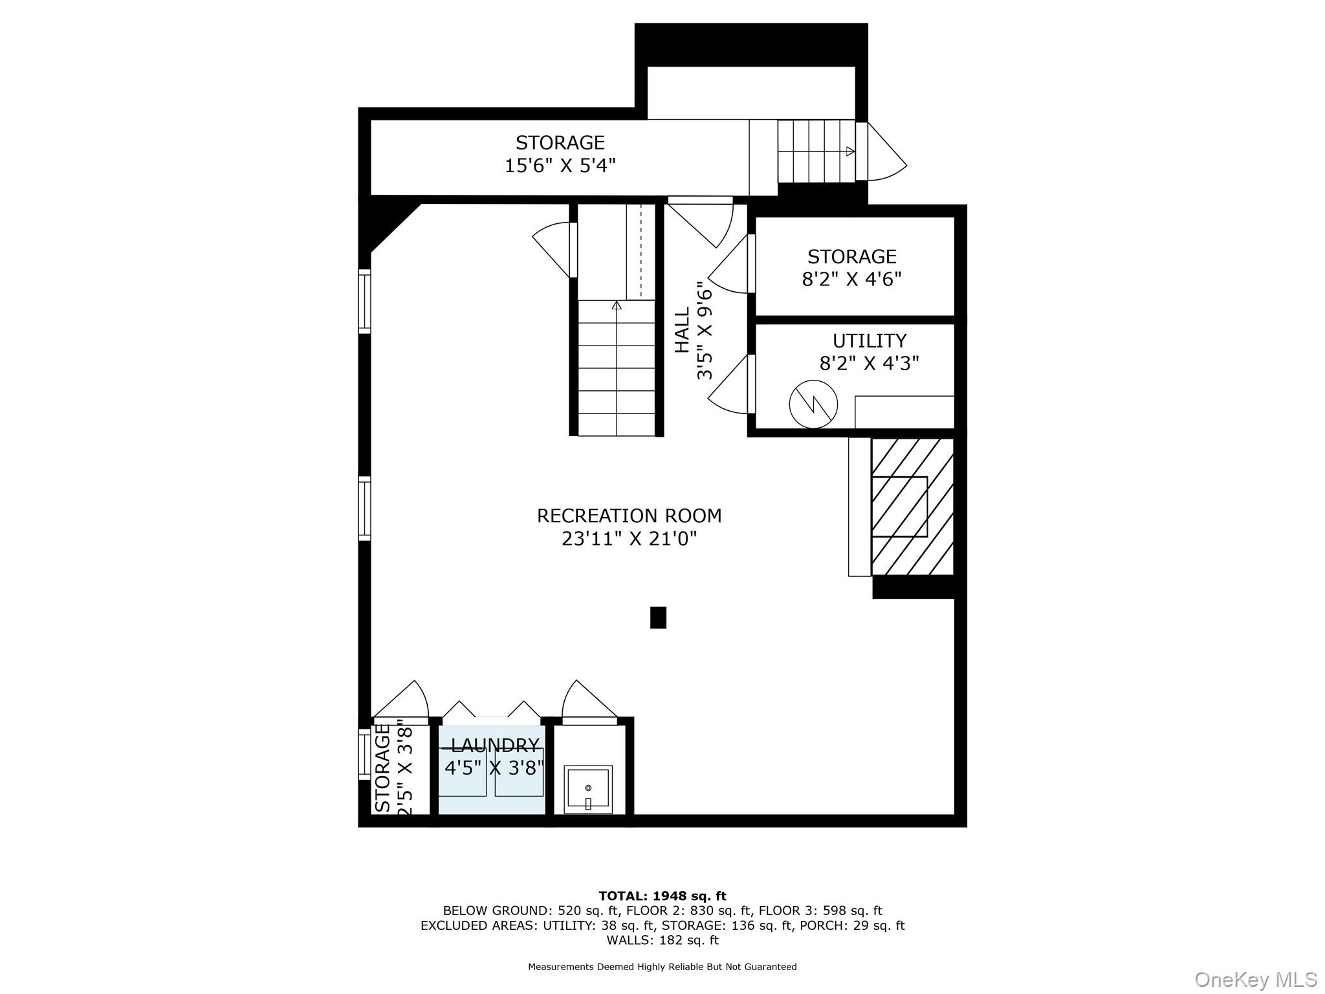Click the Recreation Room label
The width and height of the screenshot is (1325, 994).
[629, 516]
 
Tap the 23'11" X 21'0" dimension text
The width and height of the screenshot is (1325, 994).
[629, 538]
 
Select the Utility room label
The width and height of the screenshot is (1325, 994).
[869, 340]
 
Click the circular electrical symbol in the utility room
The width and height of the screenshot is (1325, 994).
[813, 404]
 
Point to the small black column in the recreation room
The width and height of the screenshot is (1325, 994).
[658, 617]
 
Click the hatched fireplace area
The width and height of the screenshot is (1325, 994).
[912, 506]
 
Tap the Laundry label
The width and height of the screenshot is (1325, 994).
[495, 745]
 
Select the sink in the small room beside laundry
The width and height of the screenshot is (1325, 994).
[587, 789]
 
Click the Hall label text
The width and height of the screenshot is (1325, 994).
[683, 330]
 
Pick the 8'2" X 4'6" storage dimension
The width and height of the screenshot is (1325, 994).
[851, 279]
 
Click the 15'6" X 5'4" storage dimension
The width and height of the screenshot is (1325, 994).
[560, 165]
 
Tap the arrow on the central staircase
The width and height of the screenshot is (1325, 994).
[617, 305]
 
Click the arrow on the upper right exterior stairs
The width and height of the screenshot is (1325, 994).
[850, 151]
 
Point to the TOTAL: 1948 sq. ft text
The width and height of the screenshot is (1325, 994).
[662, 896]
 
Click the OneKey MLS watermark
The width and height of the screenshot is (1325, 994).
[1255, 979]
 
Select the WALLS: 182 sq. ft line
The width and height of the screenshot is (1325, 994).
[662, 940]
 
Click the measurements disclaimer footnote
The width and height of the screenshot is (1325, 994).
[662, 967]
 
